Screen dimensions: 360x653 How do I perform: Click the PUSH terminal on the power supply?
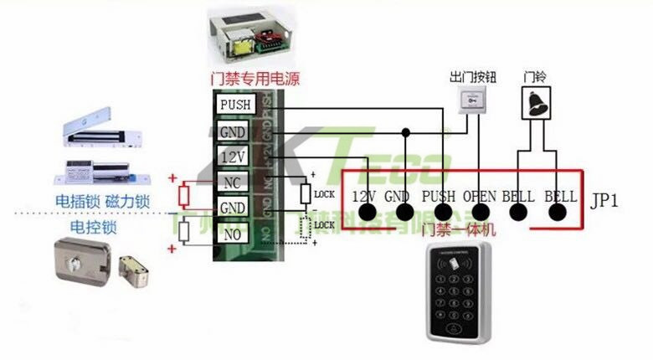[x=235, y=105]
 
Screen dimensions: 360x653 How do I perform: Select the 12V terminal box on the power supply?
[x=232, y=157]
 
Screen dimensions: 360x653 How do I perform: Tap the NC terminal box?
[x=232, y=182]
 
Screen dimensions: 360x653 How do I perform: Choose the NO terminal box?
[x=232, y=234]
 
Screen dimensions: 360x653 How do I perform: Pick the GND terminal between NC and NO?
[x=232, y=208]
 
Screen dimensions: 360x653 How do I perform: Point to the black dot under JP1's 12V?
[x=365, y=213]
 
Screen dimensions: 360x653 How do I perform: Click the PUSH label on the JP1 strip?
[x=440, y=197]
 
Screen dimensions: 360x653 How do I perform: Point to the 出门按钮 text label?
[x=473, y=76]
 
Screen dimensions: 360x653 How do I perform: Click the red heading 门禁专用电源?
[x=255, y=80]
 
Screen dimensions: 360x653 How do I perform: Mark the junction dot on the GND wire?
[x=406, y=131]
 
